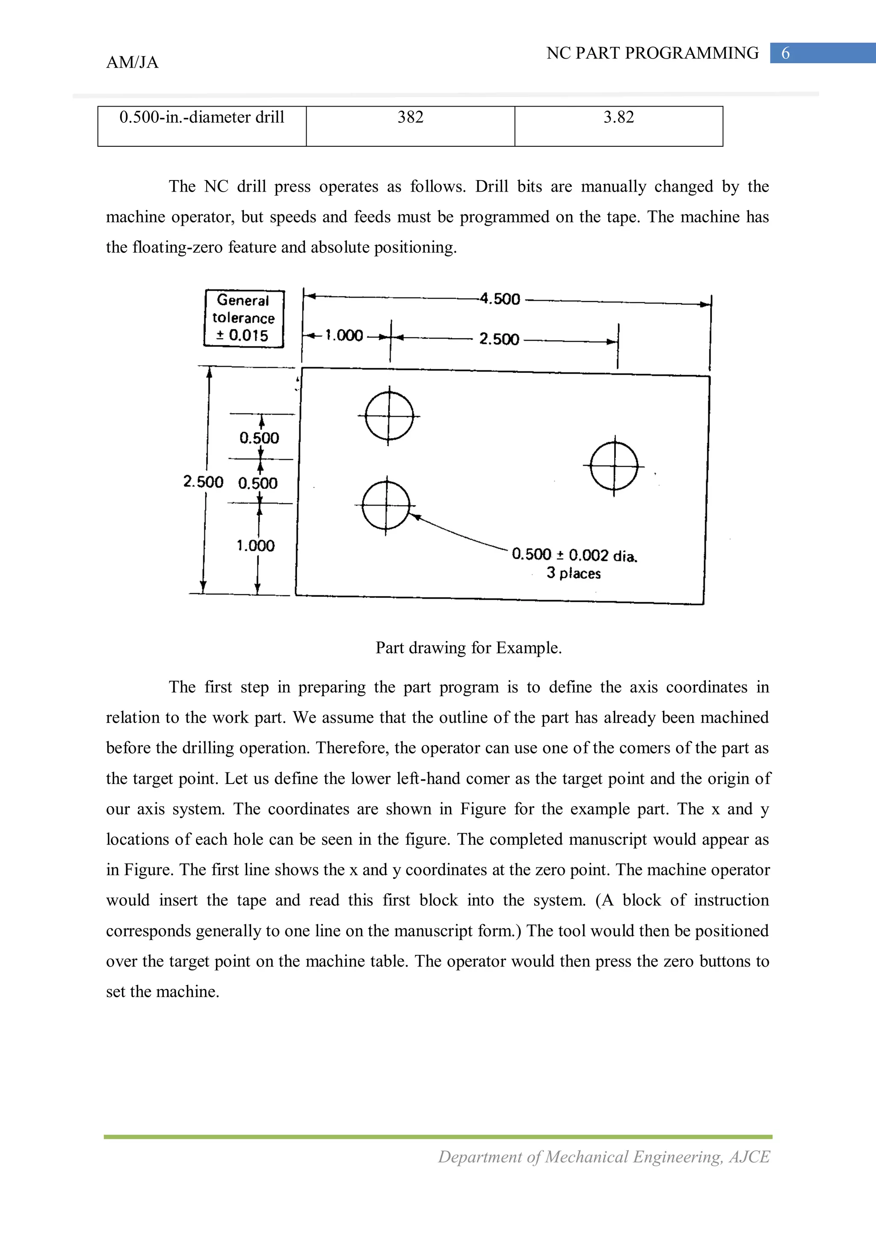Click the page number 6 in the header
point(785,53)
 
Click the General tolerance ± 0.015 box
point(243,318)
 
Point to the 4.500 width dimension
point(500,299)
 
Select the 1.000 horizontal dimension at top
point(344,336)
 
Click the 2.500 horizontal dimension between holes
point(499,340)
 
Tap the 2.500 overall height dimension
point(203,481)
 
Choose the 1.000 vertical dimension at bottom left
point(256,546)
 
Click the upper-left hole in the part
point(389,416)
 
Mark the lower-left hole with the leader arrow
point(385,506)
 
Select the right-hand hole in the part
point(614,466)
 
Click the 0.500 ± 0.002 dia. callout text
point(574,555)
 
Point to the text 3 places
point(573,573)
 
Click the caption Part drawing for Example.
point(468,648)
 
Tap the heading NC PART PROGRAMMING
point(652,53)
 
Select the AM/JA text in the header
point(132,62)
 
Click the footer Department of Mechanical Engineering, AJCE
point(604,1157)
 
